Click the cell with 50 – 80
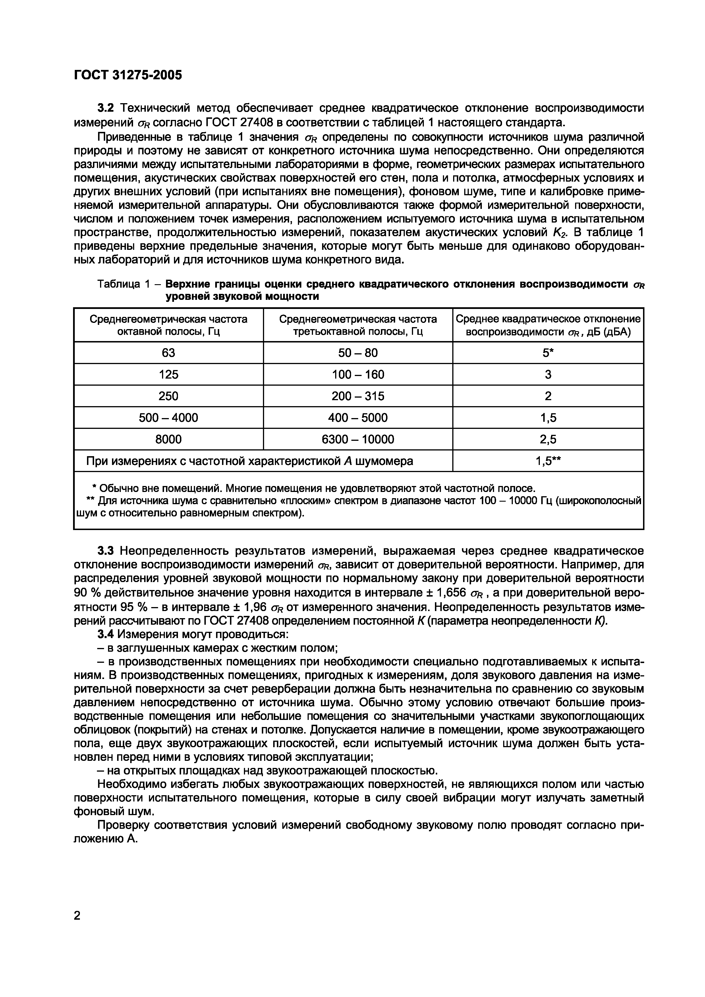[358, 353]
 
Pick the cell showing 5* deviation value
[548, 353]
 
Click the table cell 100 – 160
[358, 374]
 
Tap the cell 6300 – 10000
[358, 439]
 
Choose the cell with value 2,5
[548, 439]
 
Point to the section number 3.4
[105, 634]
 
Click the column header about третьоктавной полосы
[358, 325]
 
